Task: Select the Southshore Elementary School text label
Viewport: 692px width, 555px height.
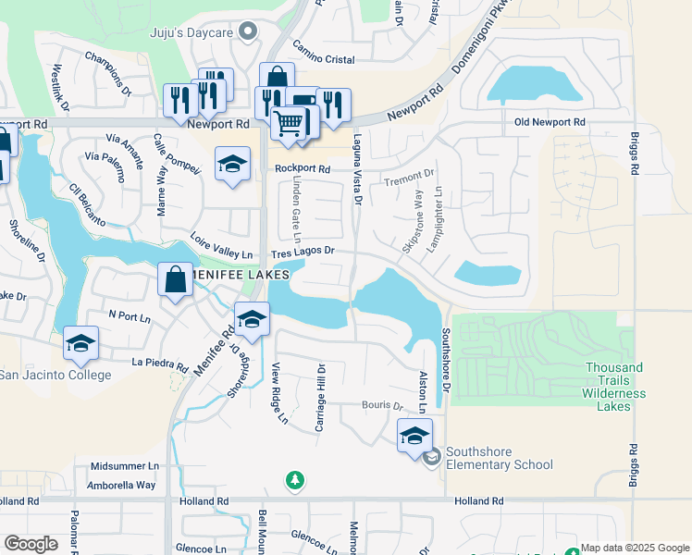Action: (500, 458)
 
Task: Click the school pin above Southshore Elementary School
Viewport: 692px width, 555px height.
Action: (414, 434)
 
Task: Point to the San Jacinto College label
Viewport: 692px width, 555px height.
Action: (54, 375)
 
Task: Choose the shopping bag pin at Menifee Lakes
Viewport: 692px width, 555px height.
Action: (176, 279)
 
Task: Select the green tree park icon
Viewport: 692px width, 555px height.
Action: (294, 480)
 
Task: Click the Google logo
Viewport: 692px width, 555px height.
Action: (31, 544)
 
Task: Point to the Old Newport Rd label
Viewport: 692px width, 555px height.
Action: (550, 122)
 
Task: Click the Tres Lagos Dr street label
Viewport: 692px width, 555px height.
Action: (302, 252)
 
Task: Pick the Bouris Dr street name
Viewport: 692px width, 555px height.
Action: (384, 405)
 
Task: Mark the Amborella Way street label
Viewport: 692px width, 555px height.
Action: (121, 485)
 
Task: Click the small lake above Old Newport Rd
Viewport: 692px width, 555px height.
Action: (534, 86)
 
